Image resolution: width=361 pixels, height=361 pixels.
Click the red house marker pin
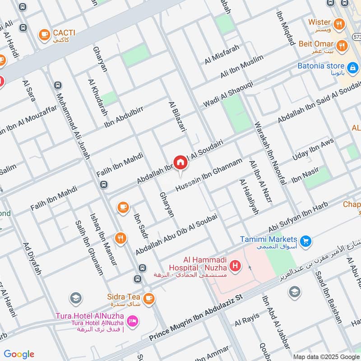180,162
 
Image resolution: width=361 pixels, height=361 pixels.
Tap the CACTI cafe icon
44,33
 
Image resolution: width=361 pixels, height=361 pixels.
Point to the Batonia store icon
353,68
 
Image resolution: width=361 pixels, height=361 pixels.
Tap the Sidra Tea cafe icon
148,298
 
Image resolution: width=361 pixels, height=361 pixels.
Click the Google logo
19,354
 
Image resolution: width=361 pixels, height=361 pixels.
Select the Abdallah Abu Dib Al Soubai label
176,234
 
